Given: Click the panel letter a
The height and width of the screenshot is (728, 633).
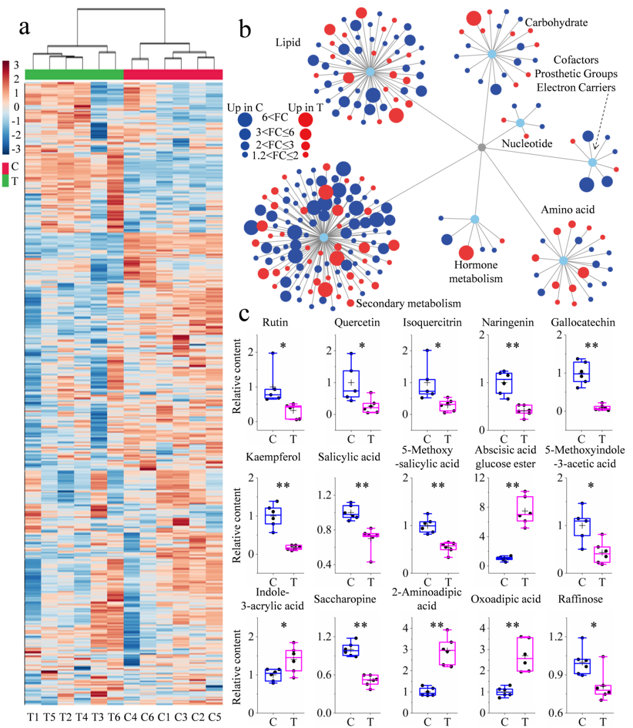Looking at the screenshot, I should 24,28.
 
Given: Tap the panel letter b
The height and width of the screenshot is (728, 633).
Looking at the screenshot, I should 244,29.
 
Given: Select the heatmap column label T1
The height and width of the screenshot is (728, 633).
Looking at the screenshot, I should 33,717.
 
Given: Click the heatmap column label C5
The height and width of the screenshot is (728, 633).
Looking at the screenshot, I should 215,717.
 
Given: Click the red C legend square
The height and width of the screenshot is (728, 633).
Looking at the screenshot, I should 6,168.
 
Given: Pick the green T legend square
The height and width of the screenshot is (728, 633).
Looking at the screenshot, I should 6,181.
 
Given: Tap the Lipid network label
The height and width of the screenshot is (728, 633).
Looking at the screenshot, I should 288,42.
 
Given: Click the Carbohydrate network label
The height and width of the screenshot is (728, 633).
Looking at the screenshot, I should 556,23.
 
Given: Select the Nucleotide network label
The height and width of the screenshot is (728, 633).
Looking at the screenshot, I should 526,143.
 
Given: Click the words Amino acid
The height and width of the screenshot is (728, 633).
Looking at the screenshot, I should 567,210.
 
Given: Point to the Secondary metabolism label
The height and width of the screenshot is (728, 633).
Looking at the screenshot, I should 409,303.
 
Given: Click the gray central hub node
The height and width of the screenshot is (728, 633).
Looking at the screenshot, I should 482,148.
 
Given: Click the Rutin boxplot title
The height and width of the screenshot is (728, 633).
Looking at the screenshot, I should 275,323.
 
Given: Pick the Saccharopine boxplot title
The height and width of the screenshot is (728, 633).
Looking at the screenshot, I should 345,599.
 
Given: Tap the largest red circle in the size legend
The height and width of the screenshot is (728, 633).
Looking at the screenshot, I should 305,120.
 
